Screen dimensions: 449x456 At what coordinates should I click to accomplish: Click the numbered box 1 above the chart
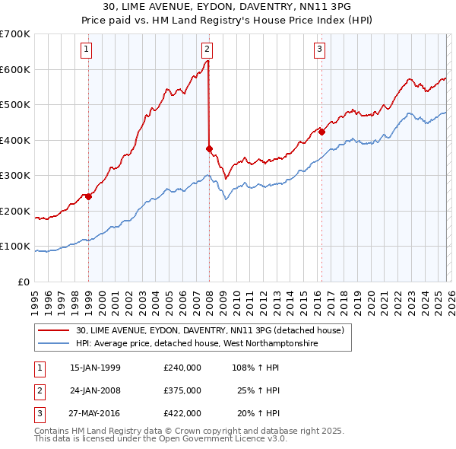point(88,50)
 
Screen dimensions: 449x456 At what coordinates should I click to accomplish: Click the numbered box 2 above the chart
point(207,50)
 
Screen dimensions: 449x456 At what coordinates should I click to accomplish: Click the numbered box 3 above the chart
point(320,50)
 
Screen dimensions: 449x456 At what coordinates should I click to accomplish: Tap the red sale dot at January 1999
point(88,196)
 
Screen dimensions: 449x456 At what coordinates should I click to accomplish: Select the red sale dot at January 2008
point(209,149)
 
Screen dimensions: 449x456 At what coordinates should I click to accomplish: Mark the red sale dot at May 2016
point(321,132)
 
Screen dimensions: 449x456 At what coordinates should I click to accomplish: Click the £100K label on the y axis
point(15,247)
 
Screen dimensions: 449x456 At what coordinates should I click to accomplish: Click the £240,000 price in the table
point(182,368)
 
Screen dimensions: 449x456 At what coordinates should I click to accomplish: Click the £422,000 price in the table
point(182,413)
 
